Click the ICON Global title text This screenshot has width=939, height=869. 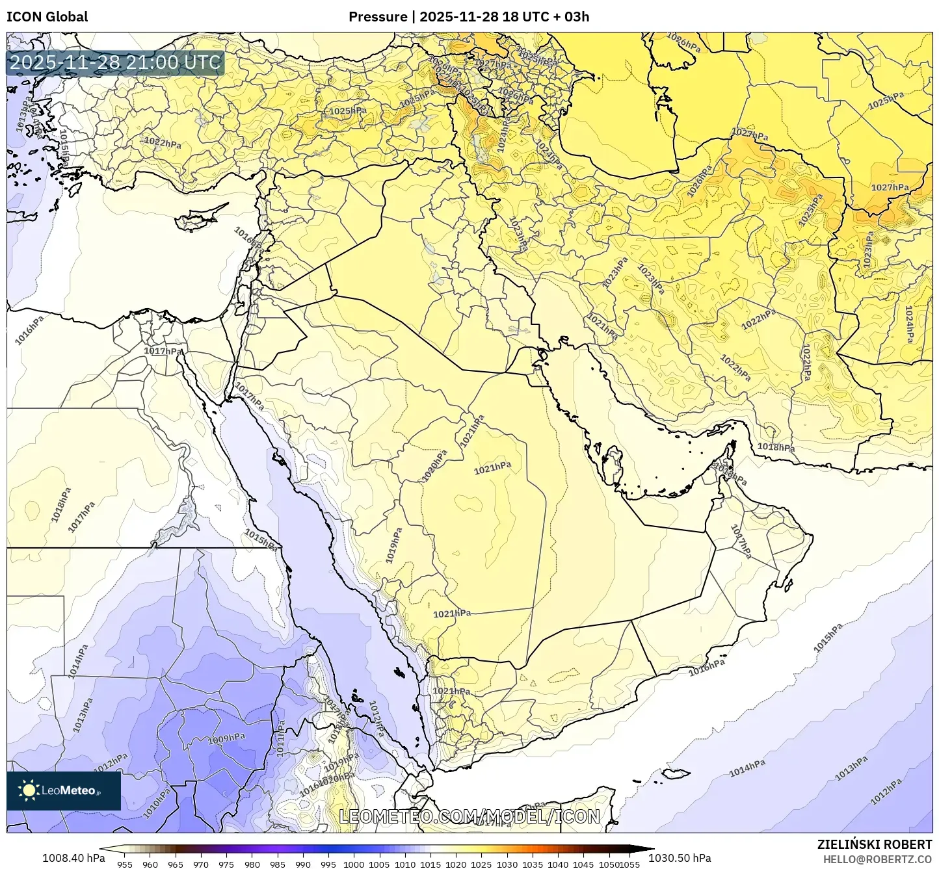coord(47,17)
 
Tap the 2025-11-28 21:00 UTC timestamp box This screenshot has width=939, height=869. coord(115,62)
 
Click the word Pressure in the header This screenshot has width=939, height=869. coord(377,17)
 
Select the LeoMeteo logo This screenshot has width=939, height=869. coord(63,790)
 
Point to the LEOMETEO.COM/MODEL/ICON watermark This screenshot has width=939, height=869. coord(469,816)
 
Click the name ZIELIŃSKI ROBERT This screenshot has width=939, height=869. coord(874,844)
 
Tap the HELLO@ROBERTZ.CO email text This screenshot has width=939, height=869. coord(877,859)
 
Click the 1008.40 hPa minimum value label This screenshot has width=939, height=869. coord(73,858)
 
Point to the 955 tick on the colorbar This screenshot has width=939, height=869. coord(125,864)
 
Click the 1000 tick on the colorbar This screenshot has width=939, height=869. coord(354,864)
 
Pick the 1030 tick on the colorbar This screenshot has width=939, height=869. coord(507,864)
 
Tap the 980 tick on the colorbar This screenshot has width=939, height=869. coord(252,864)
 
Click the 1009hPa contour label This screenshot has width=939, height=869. coord(226,738)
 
